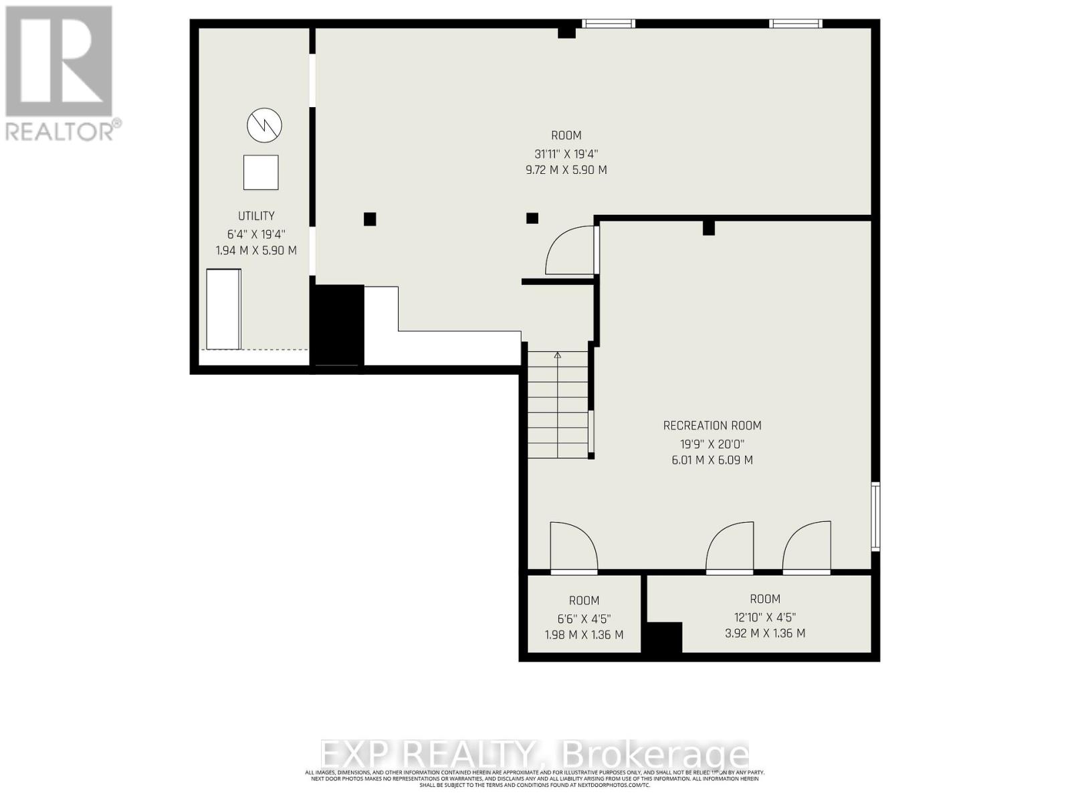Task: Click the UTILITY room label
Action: coord(256,215)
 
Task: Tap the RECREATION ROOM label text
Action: coord(712,426)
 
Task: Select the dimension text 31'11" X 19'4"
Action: coord(566,153)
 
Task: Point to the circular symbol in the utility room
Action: coord(264,125)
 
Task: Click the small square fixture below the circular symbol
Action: coord(260,173)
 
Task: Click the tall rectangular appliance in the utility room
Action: coord(223,308)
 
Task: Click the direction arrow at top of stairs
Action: coord(558,356)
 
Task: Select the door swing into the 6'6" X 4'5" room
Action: coord(572,547)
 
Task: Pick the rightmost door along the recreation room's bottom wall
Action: coord(807,547)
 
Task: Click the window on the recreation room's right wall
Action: coord(875,516)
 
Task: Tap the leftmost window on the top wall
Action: coord(607,23)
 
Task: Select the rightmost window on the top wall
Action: coord(795,23)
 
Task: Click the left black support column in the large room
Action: coord(370,219)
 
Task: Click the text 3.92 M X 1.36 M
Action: coord(764,633)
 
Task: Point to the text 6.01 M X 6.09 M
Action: coord(712,460)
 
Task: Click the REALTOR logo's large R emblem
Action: coord(59,62)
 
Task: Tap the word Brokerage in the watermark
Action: coord(655,755)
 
